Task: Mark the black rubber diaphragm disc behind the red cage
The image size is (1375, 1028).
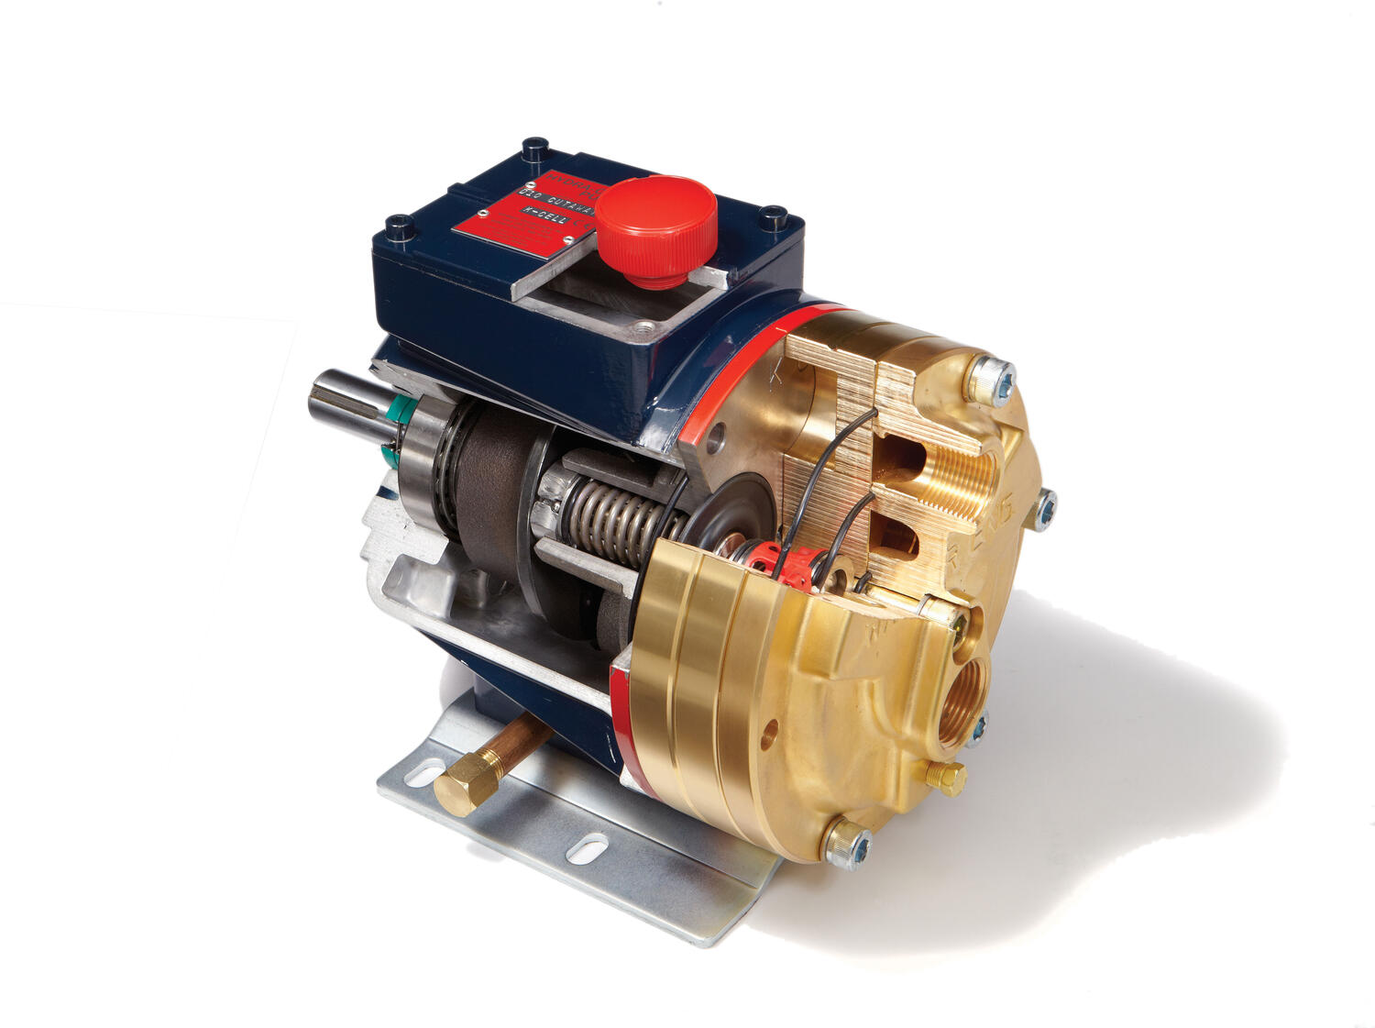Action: click(x=724, y=514)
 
